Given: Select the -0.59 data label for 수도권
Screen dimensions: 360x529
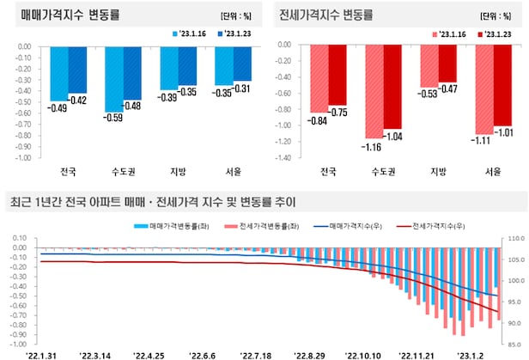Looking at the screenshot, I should [113, 119].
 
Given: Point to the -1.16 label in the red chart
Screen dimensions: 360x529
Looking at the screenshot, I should [374, 147].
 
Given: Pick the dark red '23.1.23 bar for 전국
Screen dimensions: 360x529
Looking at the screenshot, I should [337, 76].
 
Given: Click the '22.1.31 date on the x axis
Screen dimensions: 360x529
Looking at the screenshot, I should [43, 353].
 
